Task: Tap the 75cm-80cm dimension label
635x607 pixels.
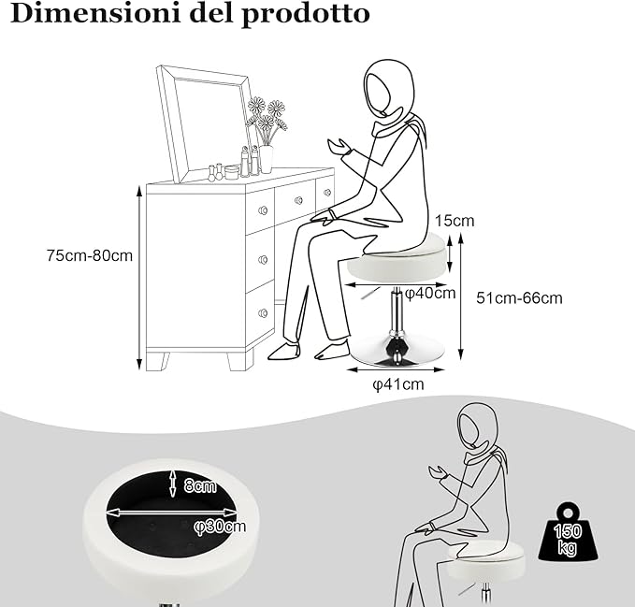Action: [x=90, y=255]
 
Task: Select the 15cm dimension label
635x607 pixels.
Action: [x=455, y=221]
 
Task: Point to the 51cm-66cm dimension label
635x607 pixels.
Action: [x=519, y=298]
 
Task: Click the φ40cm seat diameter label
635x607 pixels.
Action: [x=429, y=294]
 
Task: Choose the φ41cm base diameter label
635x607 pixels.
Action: [x=398, y=384]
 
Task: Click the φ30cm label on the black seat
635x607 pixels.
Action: [x=220, y=526]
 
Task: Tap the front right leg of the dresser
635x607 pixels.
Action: [x=240, y=360]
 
